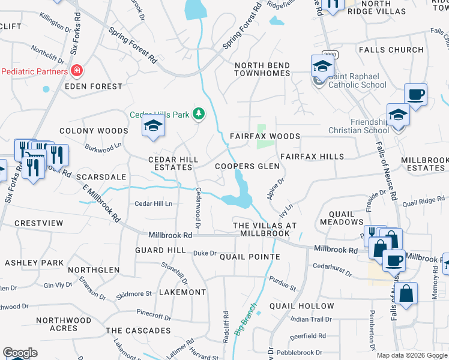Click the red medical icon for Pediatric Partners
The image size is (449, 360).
pyautogui.click(x=76, y=71)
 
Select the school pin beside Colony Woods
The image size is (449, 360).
pyautogui.click(x=152, y=126)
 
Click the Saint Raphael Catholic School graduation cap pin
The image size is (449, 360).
pyautogui.click(x=322, y=67)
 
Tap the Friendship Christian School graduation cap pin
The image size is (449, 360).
pyautogui.click(x=398, y=115)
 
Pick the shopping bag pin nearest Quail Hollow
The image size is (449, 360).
pyautogui.click(x=406, y=294)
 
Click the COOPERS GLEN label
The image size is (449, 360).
pyautogui.click(x=247, y=166)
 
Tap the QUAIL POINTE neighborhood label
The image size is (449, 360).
pyautogui.click(x=250, y=257)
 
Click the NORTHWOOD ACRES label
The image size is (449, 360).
pyautogui.click(x=64, y=324)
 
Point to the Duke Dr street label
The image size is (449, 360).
pyautogui.click(x=205, y=253)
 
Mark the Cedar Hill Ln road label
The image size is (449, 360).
pyautogui.click(x=153, y=204)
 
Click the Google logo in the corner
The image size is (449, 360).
pyautogui.click(x=20, y=353)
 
